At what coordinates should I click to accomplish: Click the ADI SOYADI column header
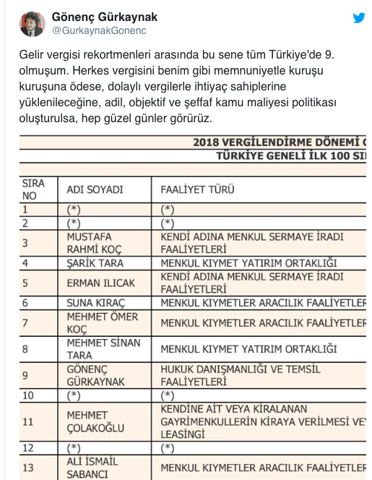(x=95, y=189)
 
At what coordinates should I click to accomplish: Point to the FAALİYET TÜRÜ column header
(x=198, y=189)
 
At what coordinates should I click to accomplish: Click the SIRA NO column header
(x=33, y=189)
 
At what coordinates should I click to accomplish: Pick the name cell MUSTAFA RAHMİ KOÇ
(x=94, y=242)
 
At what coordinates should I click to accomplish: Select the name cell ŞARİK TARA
(x=95, y=263)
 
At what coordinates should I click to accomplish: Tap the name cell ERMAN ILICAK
(x=95, y=283)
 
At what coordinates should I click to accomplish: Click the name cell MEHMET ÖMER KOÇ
(x=102, y=322)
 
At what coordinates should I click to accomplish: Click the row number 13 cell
(x=27, y=468)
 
